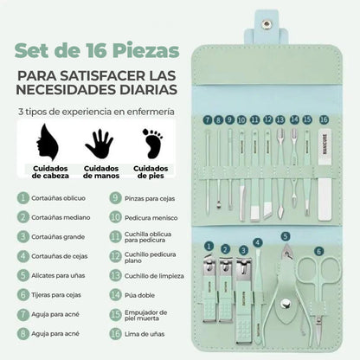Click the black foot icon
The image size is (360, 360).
[153, 144]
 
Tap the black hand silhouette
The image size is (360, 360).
[100, 144]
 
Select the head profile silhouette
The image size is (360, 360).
[48, 142]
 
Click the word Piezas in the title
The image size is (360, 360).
[146, 51]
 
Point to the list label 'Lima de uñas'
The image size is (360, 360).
[145, 334]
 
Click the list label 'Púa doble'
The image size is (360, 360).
[139, 295]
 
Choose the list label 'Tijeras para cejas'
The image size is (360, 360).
[56, 295]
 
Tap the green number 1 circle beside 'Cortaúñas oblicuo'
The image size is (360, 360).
[23, 198]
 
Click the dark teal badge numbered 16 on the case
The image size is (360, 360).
[324, 119]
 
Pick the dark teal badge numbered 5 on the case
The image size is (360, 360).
[285, 236]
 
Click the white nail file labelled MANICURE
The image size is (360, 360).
[325, 175]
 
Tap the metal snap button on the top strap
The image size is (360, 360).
[267, 24]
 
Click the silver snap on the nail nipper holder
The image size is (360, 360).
[286, 303]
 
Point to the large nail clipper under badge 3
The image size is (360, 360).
[244, 300]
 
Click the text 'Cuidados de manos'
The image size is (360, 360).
[101, 172]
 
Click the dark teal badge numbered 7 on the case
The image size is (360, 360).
[208, 119]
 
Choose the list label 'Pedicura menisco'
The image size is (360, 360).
[151, 218]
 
